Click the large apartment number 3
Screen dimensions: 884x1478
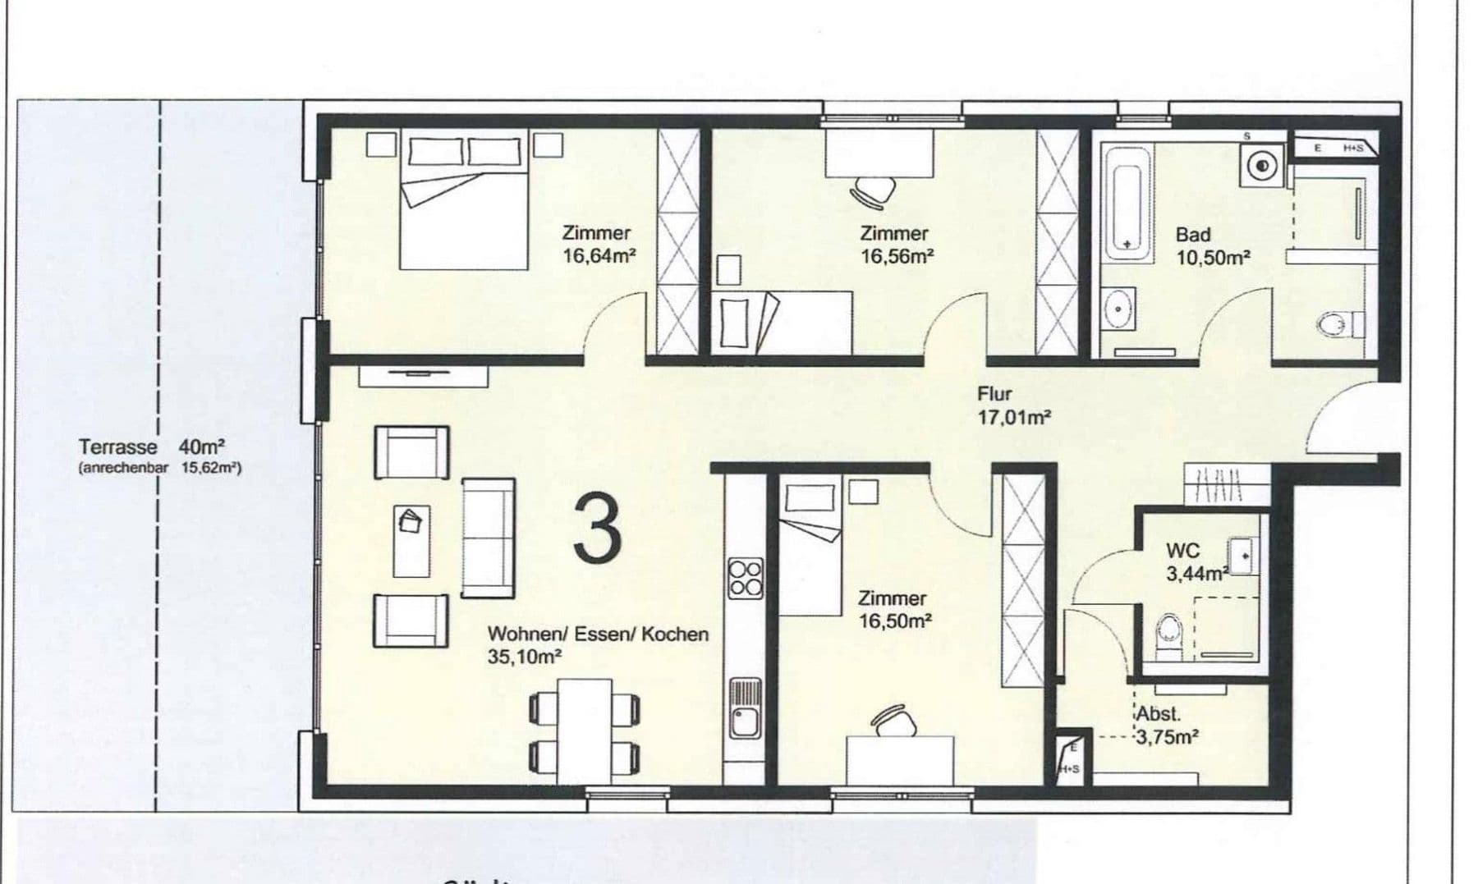[597, 529]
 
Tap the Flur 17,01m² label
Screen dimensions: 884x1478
[1013, 405]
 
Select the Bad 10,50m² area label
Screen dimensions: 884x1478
[1212, 246]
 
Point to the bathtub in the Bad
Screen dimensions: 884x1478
[1126, 203]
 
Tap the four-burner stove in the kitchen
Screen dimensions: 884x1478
[746, 577]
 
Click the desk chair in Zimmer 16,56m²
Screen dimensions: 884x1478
[874, 193]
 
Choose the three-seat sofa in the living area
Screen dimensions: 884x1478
[489, 538]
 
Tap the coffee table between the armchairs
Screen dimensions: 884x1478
[411, 541]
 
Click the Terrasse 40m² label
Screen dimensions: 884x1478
[152, 447]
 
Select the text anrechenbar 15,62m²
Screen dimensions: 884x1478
[160, 469]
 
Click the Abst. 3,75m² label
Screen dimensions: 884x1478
[1167, 726]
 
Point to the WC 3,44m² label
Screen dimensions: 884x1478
[1196, 562]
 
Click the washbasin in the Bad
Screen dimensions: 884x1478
[1118, 309]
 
